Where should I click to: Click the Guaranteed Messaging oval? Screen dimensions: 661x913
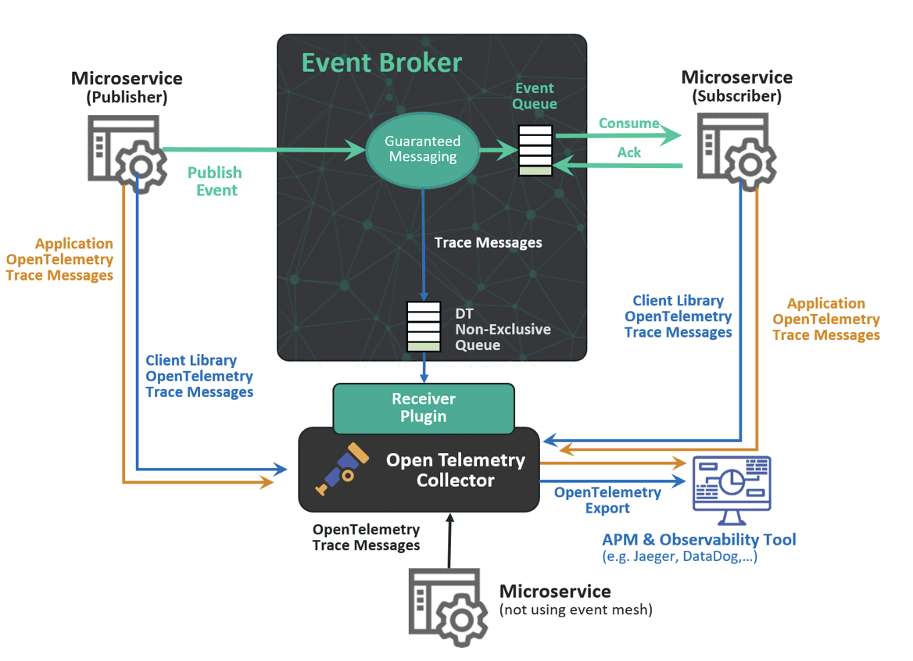coord(422,150)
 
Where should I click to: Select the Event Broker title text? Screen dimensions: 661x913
coord(381,63)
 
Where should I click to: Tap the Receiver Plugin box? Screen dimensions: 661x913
coord(424,407)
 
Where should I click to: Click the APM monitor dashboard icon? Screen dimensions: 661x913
coord(732,489)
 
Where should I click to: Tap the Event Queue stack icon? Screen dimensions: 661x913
coord(535,150)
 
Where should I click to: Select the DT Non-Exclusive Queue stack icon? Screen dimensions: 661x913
coord(424,326)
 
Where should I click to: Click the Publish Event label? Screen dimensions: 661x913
coord(215,180)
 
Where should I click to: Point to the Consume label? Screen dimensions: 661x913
coord(628,123)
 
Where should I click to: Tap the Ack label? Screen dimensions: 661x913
coord(629,152)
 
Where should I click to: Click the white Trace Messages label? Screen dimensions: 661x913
coord(489,242)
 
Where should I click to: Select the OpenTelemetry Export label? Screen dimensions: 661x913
coord(607,500)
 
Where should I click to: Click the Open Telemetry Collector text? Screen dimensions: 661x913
coord(456,470)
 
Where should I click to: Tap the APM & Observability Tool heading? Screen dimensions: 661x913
coord(699,539)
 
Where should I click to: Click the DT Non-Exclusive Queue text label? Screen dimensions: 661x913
coord(502,329)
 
